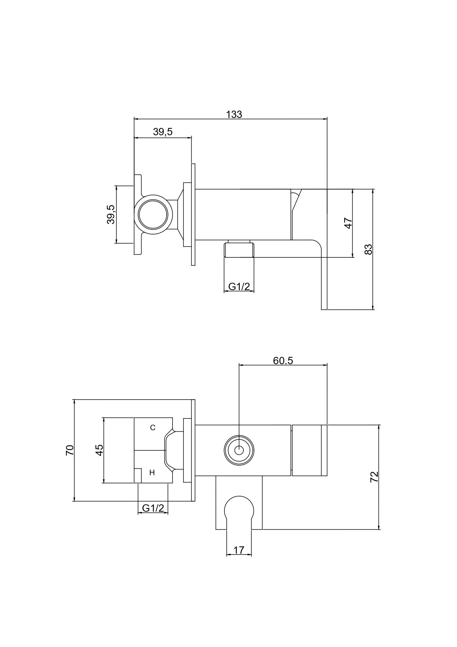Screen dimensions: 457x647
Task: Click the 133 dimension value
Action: [x=234, y=114]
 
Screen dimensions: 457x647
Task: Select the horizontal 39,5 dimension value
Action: [x=163, y=132]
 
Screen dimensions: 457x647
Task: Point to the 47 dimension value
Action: [x=348, y=223]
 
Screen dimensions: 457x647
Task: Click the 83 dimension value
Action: [x=368, y=249]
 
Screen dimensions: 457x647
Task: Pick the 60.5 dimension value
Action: [x=283, y=360]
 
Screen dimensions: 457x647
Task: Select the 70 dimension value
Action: [x=70, y=450]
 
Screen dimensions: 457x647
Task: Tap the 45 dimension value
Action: [x=99, y=450]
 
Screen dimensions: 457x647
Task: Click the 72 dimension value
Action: [x=374, y=477]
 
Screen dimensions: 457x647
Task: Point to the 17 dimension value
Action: [x=239, y=550]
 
